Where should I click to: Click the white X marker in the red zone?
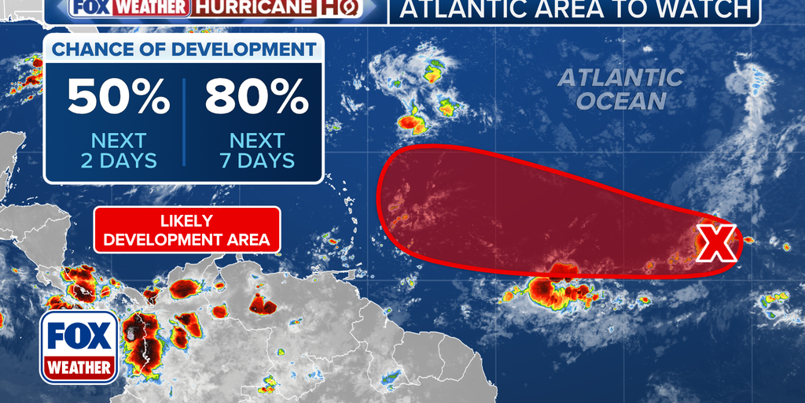[716, 242]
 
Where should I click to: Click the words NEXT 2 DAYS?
[118, 150]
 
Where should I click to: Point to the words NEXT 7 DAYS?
[256, 150]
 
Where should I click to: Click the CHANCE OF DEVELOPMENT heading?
[182, 48]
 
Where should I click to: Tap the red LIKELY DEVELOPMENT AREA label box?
[187, 230]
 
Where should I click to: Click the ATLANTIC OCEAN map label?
[621, 89]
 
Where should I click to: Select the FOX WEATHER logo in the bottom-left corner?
[79, 346]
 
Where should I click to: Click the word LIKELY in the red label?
[187, 220]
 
